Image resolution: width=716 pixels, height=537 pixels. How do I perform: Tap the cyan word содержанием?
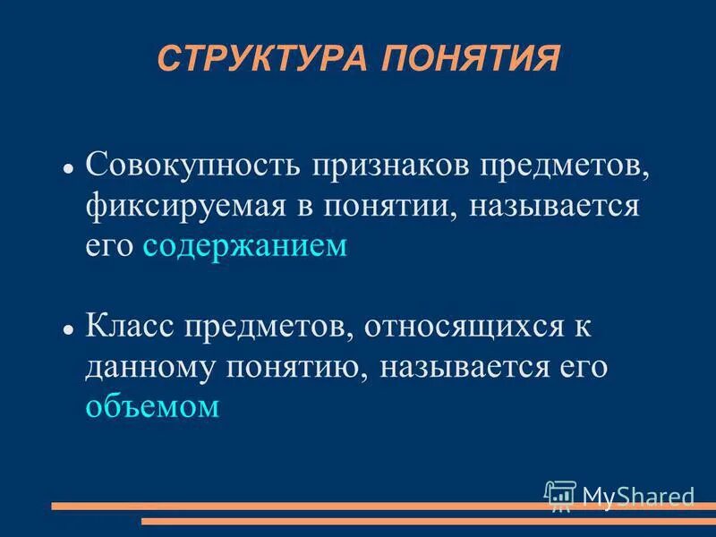(x=243, y=247)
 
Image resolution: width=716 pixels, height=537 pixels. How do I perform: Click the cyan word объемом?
(x=152, y=407)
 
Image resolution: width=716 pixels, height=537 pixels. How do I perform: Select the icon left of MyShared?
(x=560, y=494)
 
